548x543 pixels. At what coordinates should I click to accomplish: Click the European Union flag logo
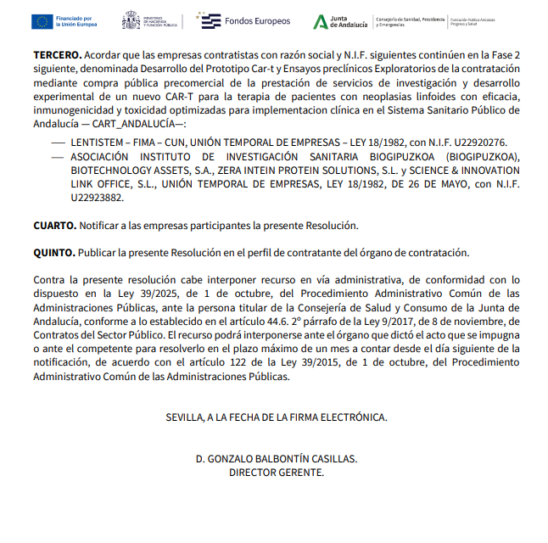tap(42, 21)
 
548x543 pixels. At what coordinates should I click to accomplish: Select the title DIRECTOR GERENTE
tap(276, 472)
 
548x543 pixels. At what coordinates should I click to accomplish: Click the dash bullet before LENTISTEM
tap(57, 143)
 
